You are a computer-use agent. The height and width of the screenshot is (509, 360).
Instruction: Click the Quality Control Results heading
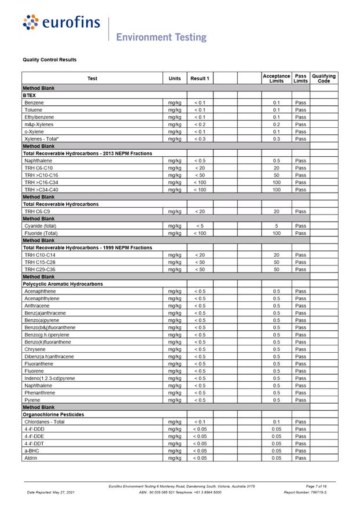point(50,60)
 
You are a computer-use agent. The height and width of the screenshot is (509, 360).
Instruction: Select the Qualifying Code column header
point(324,78)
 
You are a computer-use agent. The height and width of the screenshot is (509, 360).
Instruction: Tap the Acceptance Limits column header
point(276,78)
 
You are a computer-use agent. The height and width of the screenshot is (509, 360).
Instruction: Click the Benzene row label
point(34,102)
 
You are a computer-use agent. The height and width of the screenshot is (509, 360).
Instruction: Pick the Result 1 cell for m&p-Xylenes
point(200,124)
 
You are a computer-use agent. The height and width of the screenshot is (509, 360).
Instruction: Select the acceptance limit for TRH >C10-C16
point(276,175)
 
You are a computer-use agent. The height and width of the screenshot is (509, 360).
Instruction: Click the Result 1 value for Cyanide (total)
point(200,226)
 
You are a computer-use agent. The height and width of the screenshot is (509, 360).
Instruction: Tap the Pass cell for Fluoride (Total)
point(300,233)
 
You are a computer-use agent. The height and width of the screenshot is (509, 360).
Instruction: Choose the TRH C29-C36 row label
point(40,270)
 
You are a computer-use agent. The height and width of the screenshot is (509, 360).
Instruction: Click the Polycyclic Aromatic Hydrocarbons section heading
point(63,284)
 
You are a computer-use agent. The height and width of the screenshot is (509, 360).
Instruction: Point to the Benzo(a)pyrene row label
point(41,320)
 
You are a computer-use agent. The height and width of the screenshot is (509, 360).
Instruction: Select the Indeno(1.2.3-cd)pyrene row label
point(50,378)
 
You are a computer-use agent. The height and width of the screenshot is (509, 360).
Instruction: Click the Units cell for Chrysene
point(174,349)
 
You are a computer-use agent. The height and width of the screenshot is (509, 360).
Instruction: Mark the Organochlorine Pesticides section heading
point(53,414)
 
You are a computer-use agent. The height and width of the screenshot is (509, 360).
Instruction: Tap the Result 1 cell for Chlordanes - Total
point(200,422)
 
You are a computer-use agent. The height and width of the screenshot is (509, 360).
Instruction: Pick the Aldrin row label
point(31,458)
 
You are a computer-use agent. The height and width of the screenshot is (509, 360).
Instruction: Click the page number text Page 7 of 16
point(316,486)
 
